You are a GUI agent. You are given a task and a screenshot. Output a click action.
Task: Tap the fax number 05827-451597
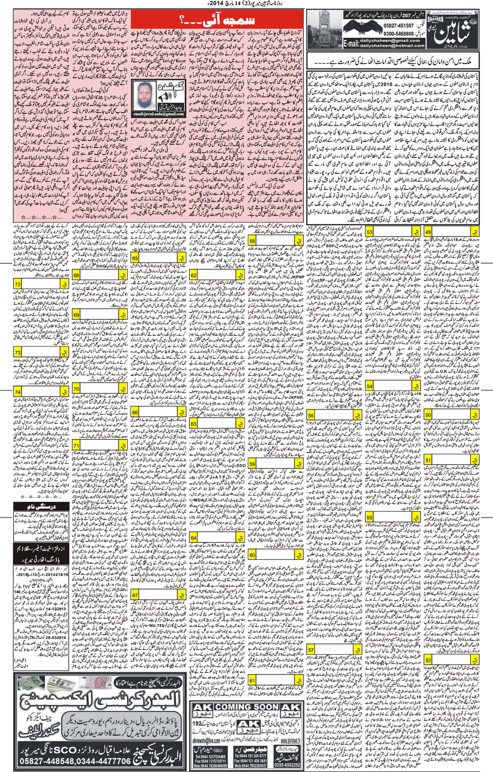pyautogui.click(x=400, y=25)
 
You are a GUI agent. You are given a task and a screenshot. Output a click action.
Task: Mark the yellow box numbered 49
pyautogui.click(x=428, y=232)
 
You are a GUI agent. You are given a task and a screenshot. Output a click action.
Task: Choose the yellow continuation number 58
pyautogui.click(x=253, y=240)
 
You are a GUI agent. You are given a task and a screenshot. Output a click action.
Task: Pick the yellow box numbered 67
pyautogui.click(x=135, y=595)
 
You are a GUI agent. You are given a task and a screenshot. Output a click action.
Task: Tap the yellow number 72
pyautogui.click(x=18, y=284)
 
